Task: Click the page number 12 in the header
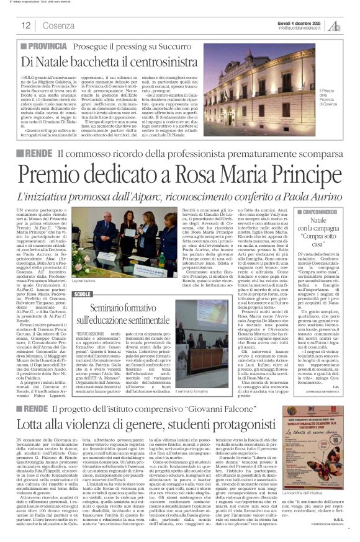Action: [x=26, y=25]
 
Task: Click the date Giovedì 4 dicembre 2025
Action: [x=300, y=22]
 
